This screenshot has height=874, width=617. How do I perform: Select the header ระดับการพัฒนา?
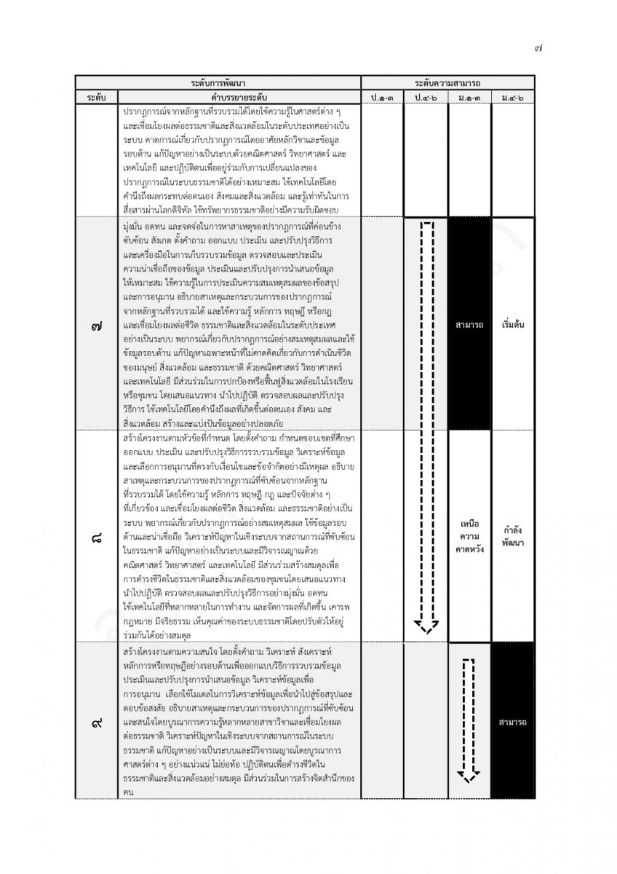pyautogui.click(x=218, y=83)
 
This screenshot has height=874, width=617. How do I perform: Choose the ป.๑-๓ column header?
pyautogui.click(x=382, y=97)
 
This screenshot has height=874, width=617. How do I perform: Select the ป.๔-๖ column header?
pyautogui.click(x=426, y=97)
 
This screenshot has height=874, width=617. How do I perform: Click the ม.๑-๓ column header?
pyautogui.click(x=469, y=97)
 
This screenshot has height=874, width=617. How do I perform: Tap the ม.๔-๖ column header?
pyautogui.click(x=513, y=97)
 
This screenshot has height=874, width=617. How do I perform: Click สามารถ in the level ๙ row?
pyautogui.click(x=513, y=723)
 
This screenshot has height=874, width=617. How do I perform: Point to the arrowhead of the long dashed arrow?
pyautogui.click(x=426, y=625)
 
